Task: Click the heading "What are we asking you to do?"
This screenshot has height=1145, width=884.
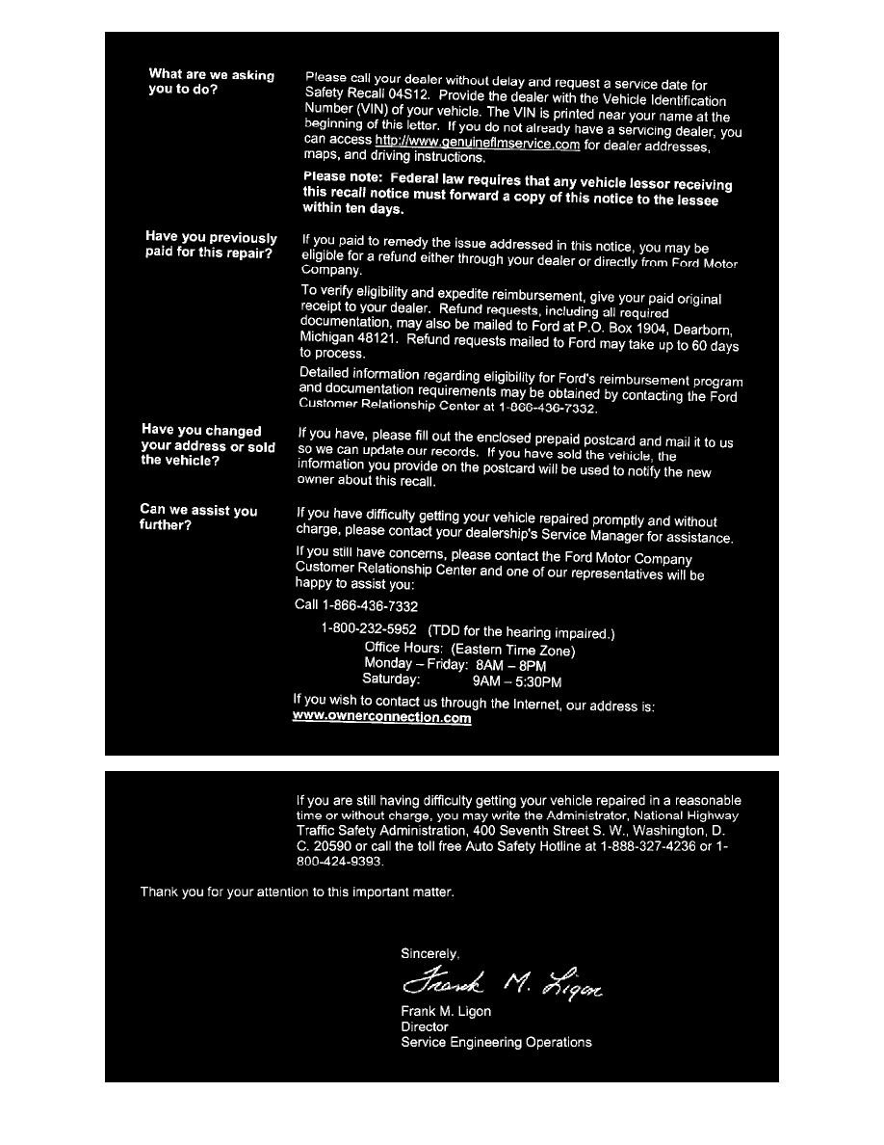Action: point(211,82)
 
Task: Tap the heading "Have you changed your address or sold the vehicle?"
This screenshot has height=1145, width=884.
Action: point(207,445)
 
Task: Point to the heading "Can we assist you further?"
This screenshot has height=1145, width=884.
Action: point(198,518)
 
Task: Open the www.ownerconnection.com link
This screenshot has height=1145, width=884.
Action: point(381,718)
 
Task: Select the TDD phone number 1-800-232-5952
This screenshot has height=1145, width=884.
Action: point(369,629)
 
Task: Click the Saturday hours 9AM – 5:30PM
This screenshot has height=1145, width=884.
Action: point(517,681)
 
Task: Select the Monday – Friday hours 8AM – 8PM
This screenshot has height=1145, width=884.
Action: point(510,665)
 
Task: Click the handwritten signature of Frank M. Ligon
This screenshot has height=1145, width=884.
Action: point(502,983)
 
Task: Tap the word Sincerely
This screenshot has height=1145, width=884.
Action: point(429,954)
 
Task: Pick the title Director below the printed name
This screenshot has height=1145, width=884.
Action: point(425,1027)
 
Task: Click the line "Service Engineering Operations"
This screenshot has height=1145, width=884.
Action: point(496,1043)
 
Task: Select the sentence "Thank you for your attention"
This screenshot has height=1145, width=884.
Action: point(297,892)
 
